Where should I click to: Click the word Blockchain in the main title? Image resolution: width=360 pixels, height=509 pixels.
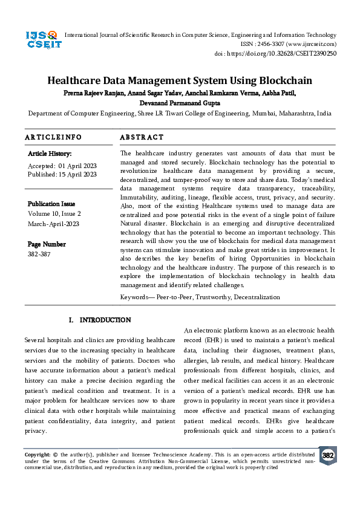tap(286, 80)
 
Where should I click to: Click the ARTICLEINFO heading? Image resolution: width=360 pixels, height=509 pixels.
tap(53, 137)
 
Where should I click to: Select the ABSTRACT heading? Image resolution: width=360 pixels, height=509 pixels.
tap(142, 137)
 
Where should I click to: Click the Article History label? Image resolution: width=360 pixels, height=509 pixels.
tap(50, 154)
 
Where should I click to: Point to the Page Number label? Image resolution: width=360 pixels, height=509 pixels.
tap(47, 244)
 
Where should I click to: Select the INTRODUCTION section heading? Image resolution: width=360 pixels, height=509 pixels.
tap(105, 319)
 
